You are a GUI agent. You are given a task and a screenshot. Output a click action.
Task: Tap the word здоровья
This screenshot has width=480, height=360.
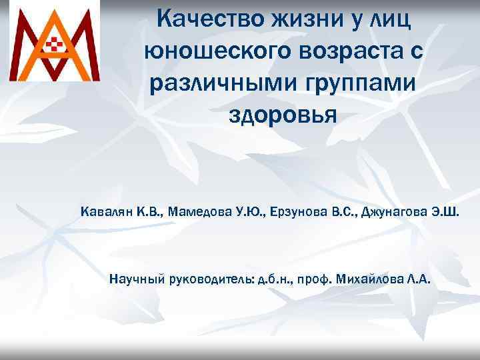pyautogui.click(x=283, y=115)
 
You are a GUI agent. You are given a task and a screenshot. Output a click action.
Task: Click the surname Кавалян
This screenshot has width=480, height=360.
pyautogui.click(x=107, y=213)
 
